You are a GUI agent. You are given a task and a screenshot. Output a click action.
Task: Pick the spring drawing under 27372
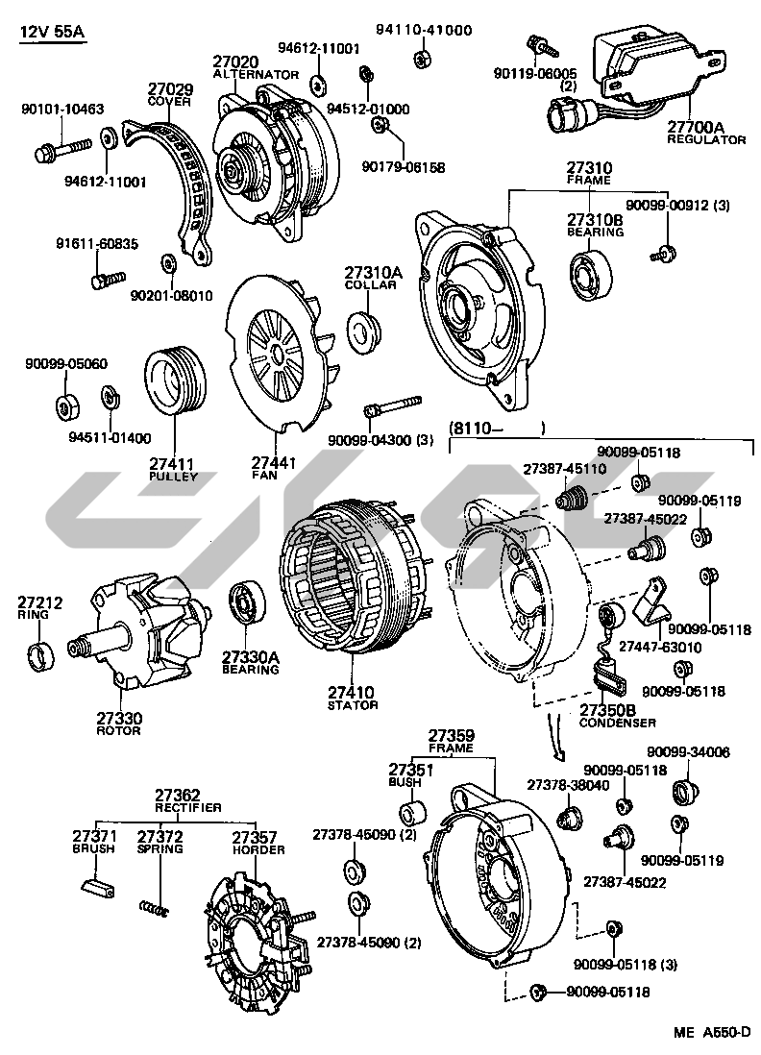tap(155, 906)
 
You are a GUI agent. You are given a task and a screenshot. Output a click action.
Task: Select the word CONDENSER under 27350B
tap(617, 722)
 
